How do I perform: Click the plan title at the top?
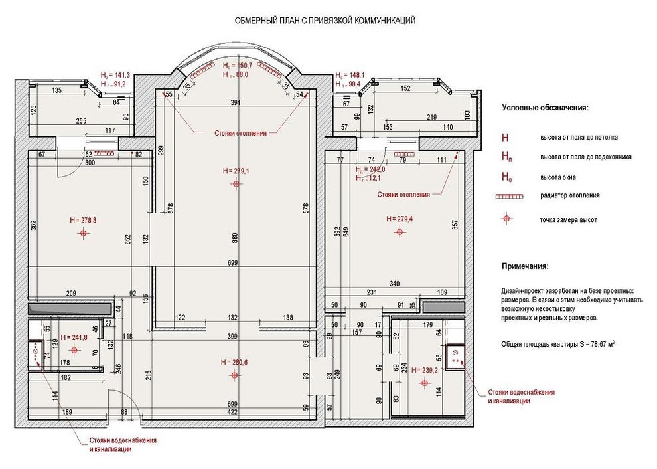tap(325, 21)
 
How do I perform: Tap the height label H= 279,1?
tap(236, 171)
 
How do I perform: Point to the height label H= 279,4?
tap(398, 219)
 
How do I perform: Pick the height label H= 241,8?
tap(73, 337)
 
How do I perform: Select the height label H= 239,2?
tap(425, 370)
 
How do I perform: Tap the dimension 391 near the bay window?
tap(235, 103)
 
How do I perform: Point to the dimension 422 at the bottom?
tap(232, 412)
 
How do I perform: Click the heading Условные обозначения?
tap(545, 108)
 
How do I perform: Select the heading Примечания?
tap(525, 266)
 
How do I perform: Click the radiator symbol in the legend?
tap(508, 196)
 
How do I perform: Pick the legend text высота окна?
tap(557, 177)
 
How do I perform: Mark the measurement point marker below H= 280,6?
tap(234, 375)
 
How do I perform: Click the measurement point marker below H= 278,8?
tap(83, 233)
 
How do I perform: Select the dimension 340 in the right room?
tap(395, 284)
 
